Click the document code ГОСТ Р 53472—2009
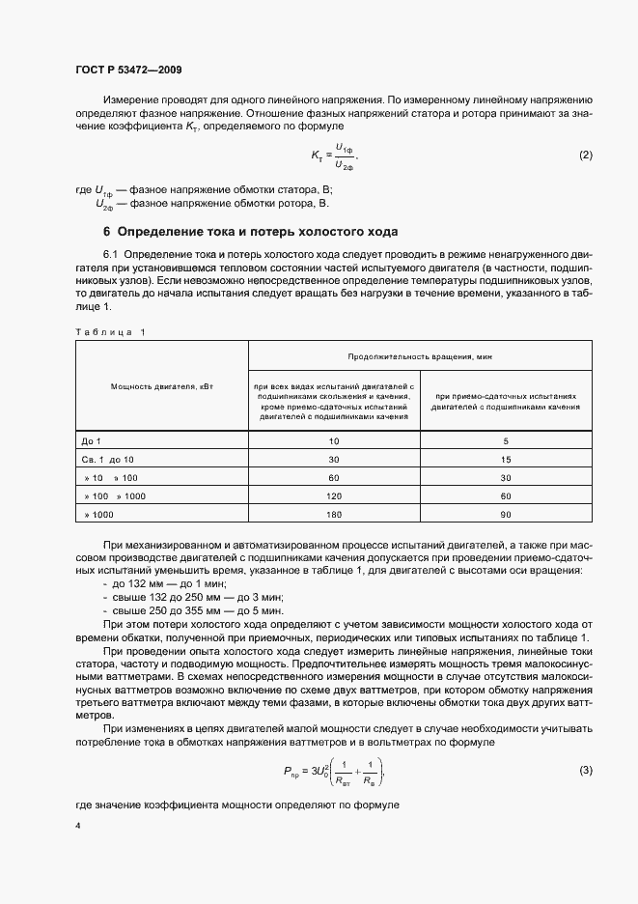[x=128, y=71]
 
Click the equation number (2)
[x=584, y=155]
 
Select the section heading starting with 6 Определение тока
[x=250, y=232]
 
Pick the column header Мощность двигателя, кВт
[x=161, y=386]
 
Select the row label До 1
[x=92, y=440]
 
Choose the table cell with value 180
[x=334, y=515]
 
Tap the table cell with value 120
[x=334, y=495]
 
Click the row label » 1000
[x=98, y=515]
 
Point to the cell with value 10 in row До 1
[x=334, y=440]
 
